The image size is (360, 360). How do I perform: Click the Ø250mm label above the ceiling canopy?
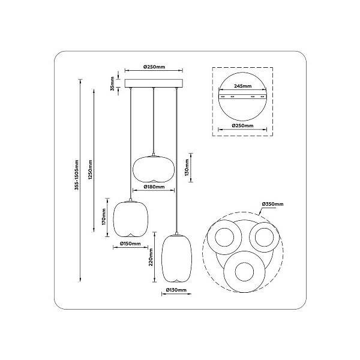[x=154, y=67]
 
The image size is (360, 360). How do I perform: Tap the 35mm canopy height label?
[x=112, y=83]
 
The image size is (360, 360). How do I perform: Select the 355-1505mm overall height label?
[x=77, y=175]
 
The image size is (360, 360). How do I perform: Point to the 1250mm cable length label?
[x=91, y=170]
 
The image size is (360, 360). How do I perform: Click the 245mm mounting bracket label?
[x=242, y=86]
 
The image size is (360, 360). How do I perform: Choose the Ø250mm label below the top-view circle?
[x=242, y=125]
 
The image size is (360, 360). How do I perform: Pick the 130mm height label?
[x=187, y=167]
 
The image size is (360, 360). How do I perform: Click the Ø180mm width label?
[x=154, y=187]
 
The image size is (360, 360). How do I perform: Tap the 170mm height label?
[x=104, y=217]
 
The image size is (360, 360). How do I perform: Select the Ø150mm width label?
[x=130, y=244]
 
